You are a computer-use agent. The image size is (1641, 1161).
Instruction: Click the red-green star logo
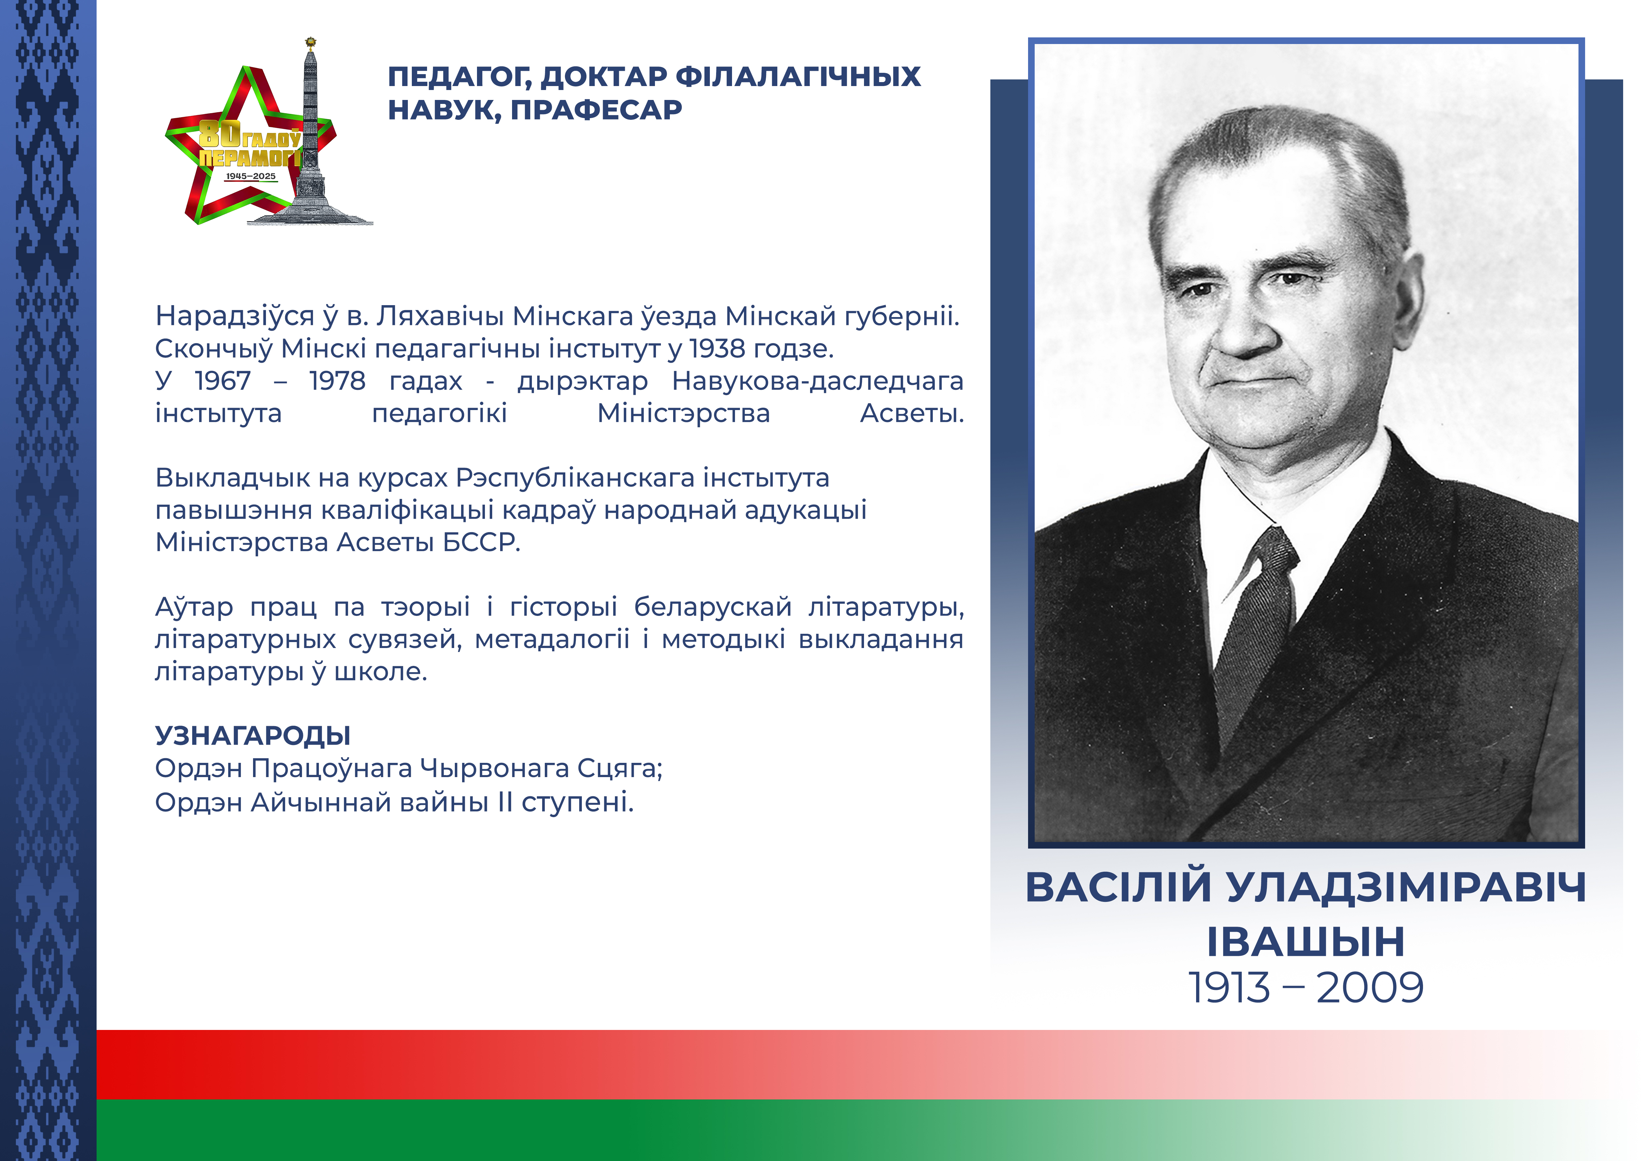pos(250,143)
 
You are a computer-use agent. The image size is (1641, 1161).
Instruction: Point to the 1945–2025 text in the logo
pos(250,176)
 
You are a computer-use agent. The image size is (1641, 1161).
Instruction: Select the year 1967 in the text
pos(223,381)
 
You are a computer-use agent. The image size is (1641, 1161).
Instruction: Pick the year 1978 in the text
pos(337,381)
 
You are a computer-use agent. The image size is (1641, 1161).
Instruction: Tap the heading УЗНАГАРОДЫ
pos(253,736)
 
